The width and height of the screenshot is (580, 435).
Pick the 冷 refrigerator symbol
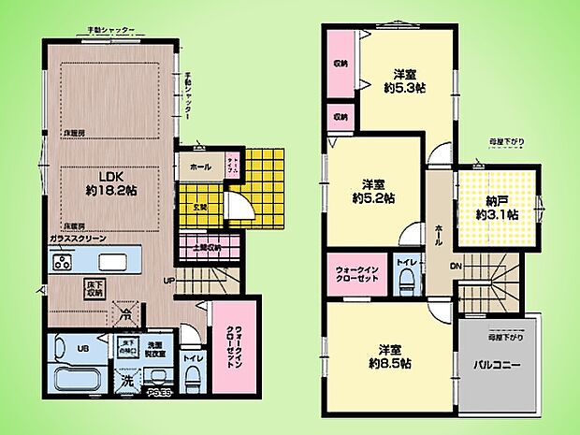click(123, 318)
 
